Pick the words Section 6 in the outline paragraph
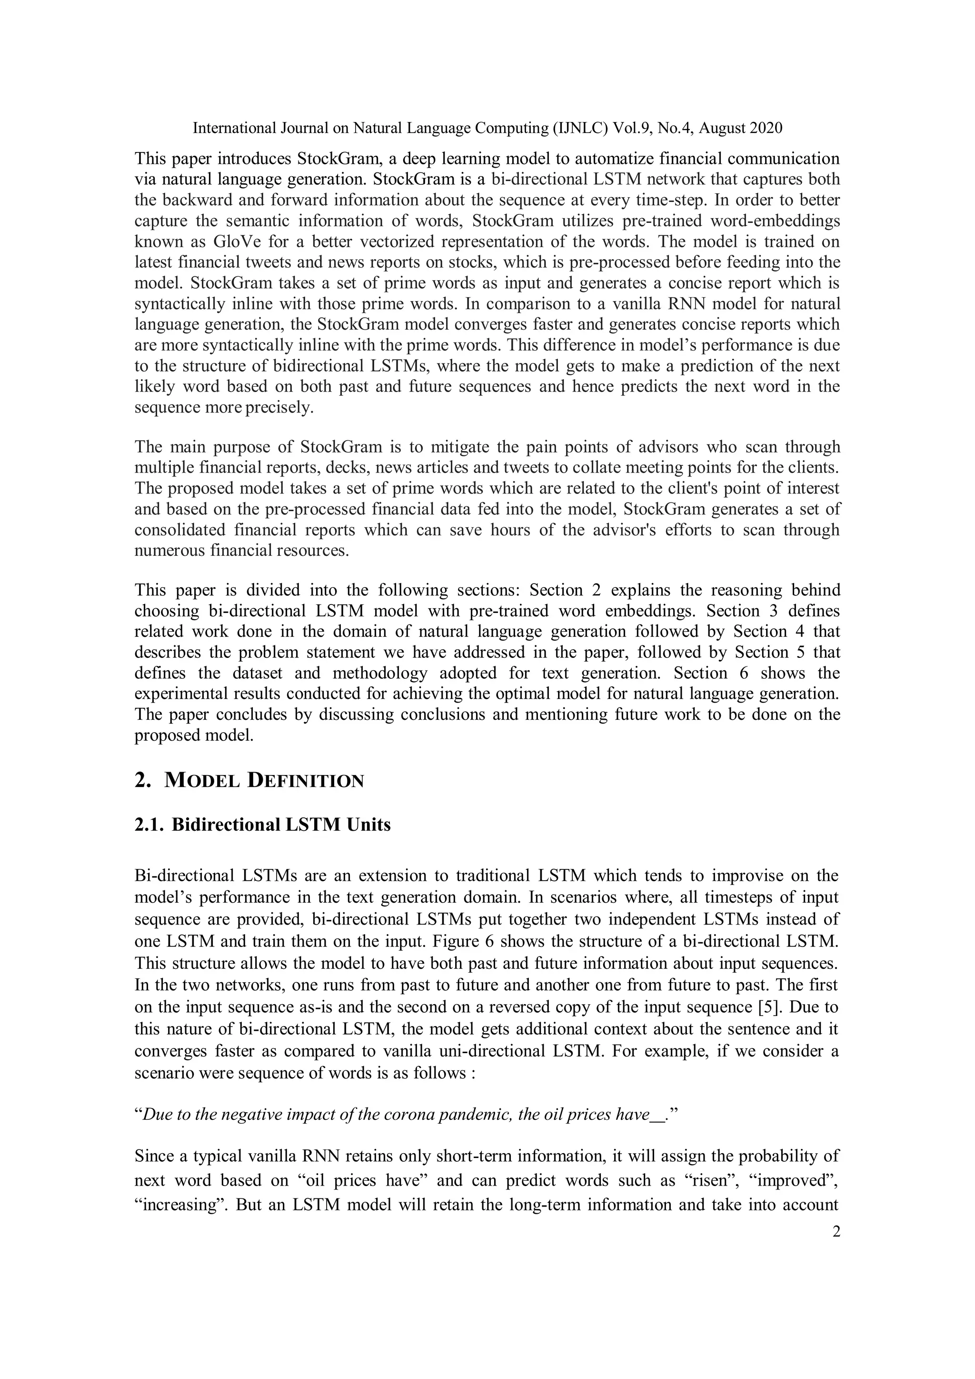pos(708,673)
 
